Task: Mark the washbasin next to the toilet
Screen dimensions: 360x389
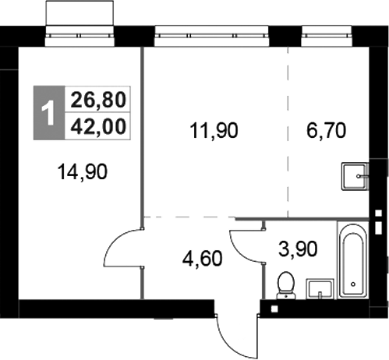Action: point(319,289)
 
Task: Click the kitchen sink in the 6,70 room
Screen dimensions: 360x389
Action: point(355,177)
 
